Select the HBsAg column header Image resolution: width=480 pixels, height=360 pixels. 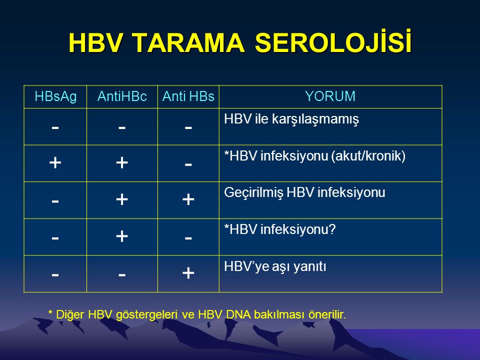55,96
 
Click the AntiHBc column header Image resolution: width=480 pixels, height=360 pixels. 122,96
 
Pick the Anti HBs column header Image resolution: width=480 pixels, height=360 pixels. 188,96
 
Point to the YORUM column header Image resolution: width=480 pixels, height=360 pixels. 330,96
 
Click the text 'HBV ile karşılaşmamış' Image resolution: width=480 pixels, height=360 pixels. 291,119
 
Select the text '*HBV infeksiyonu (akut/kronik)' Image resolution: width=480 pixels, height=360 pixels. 314,156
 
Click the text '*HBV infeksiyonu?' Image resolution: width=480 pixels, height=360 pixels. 280,229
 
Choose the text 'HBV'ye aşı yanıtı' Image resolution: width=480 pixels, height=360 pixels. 275,266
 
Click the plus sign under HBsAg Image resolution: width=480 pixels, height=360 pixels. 55,162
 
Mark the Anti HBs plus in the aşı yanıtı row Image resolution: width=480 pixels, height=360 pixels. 188,273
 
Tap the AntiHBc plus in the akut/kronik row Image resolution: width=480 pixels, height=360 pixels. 122,162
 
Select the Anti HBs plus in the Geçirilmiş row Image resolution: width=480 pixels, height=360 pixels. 188,199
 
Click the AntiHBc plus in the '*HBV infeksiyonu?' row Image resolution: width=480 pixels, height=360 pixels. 122,236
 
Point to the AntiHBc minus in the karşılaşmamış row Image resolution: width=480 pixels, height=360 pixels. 122,127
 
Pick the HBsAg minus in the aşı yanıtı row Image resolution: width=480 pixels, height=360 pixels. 55,274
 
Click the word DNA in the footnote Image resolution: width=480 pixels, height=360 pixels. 237,314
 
